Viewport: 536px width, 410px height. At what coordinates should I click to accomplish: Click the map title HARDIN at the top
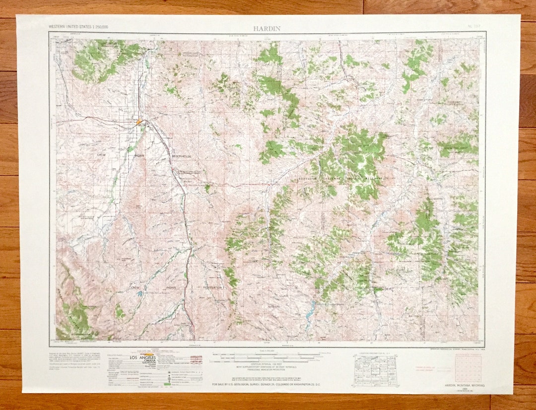coord(267,28)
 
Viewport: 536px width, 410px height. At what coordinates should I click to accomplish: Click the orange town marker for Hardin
coord(140,121)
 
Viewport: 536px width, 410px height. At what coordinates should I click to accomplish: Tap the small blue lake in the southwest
coord(140,293)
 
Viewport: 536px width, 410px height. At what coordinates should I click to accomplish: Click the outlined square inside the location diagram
coord(376,370)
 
